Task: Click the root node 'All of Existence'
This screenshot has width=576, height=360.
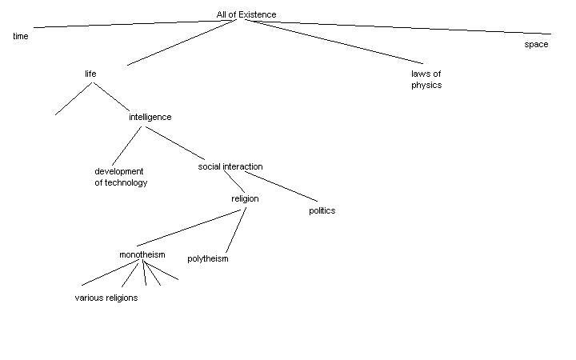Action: [x=246, y=14]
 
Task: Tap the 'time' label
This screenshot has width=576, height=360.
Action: [x=21, y=37]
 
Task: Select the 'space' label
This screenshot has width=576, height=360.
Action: [x=536, y=45]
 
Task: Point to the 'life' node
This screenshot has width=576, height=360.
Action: [x=90, y=74]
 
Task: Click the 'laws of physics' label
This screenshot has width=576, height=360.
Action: [x=426, y=79]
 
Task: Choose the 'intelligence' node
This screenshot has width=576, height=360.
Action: [x=150, y=117]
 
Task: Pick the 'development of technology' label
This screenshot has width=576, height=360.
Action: [x=121, y=177]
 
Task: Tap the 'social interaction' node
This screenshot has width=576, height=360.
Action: [x=230, y=166]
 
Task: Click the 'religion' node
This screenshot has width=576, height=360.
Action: [x=245, y=198]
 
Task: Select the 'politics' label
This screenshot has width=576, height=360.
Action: [x=322, y=211]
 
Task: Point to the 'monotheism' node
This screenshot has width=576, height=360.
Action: [x=142, y=255]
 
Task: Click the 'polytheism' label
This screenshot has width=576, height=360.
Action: [x=208, y=259]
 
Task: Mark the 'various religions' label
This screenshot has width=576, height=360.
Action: [x=106, y=298]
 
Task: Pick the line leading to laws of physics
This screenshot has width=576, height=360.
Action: [x=332, y=42]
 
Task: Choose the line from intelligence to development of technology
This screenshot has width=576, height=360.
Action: [x=127, y=146]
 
